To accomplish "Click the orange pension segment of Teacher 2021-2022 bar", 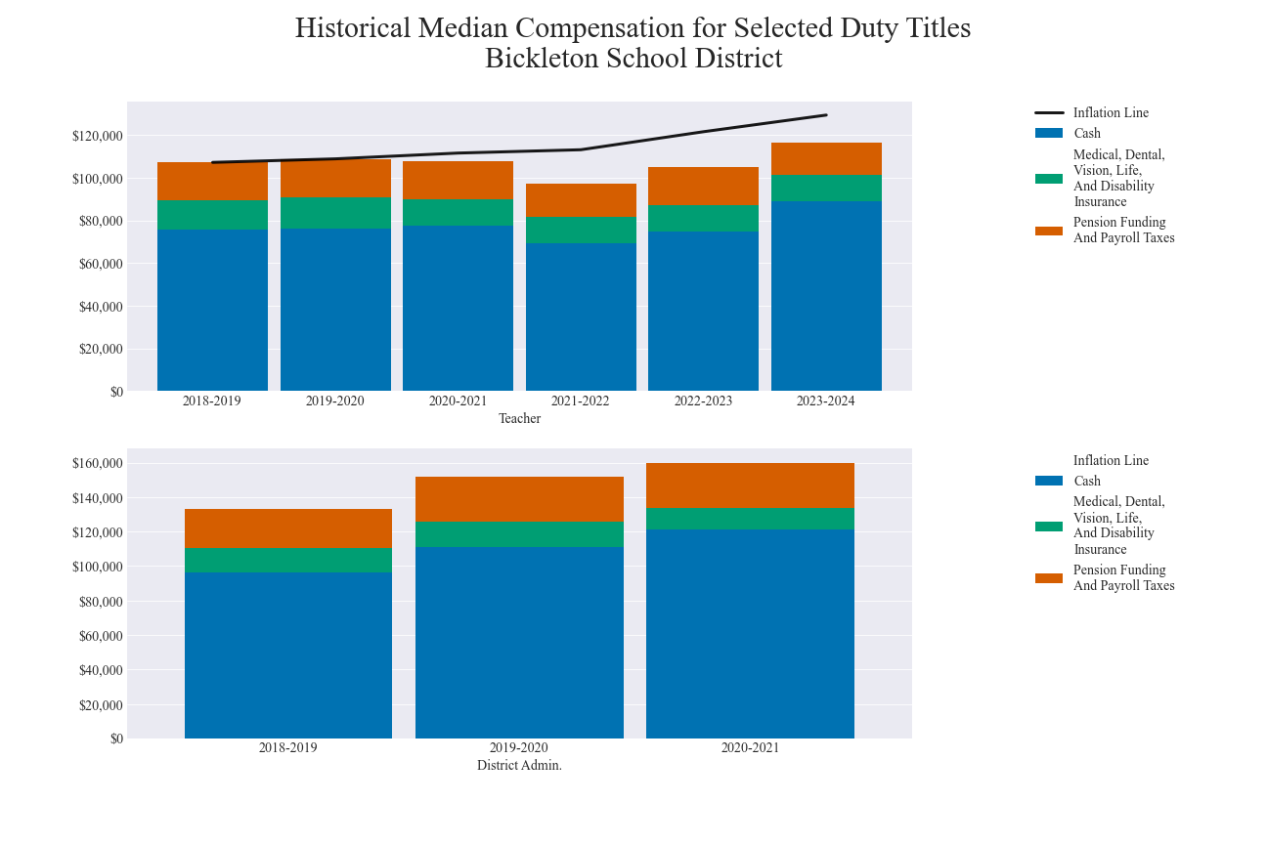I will (581, 200).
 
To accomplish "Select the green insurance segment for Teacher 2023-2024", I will (826, 189).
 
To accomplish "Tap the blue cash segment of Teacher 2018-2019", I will (212, 311).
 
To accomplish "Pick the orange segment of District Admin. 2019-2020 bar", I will (519, 499).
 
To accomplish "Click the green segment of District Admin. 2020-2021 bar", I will (750, 519).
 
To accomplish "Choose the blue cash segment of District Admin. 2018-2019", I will (288, 654).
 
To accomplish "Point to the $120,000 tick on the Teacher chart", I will (98, 136).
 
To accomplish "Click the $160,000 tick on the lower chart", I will (98, 463).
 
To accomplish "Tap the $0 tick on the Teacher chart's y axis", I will (116, 392).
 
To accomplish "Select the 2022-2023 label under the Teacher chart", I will (703, 401).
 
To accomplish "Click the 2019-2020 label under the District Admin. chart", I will (519, 747).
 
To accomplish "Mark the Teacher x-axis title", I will (519, 418).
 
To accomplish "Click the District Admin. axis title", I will (519, 765).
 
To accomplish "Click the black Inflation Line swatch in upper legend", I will (1049, 112).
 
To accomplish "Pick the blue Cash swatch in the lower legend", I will (1049, 481).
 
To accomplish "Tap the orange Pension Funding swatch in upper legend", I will (1049, 231).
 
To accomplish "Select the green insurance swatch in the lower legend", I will (1049, 526).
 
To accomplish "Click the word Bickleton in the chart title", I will (542, 59).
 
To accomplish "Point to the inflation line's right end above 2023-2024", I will (826, 115).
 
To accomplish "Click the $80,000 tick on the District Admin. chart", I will (98, 602).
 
